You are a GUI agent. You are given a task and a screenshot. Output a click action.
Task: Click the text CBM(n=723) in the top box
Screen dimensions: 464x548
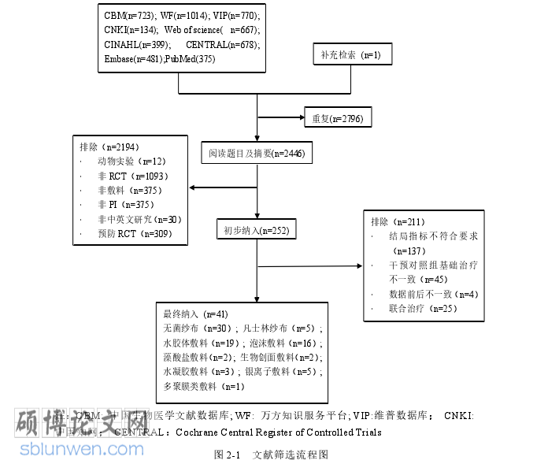[128, 16]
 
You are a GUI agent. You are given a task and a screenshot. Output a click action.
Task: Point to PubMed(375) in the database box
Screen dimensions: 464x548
[190, 59]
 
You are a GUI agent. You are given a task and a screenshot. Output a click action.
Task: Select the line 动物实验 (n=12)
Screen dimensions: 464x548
[132, 161]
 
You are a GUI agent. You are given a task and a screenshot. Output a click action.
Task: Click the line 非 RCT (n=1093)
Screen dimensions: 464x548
[133, 176]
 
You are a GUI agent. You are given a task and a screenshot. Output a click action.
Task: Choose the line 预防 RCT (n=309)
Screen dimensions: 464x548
[134, 234]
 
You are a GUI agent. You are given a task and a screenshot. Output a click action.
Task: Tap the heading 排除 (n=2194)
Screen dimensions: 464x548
[111, 147]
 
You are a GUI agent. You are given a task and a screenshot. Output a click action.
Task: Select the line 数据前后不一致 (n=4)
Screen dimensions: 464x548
[433, 294]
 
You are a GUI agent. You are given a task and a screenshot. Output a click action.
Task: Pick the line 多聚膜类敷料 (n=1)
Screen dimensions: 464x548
[204, 386]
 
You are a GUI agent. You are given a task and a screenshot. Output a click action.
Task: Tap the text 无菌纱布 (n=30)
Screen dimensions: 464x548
[196, 328]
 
